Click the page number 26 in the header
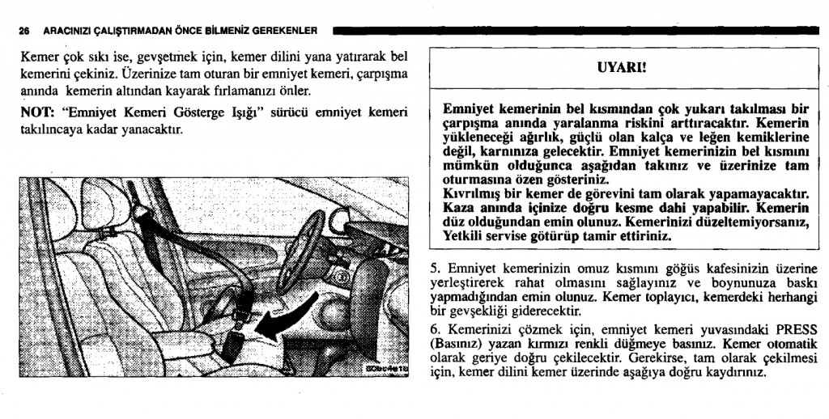[24, 32]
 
